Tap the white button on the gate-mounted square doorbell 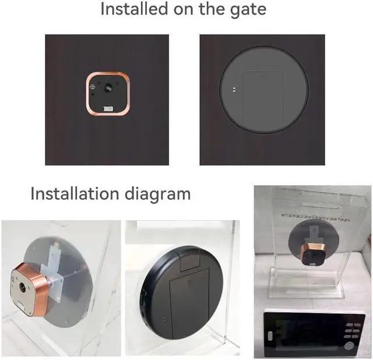108,108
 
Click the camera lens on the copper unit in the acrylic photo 23,287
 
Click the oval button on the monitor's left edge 269,336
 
